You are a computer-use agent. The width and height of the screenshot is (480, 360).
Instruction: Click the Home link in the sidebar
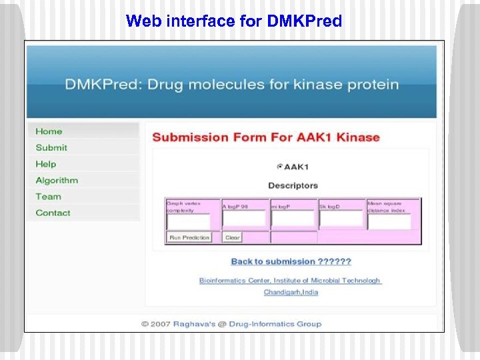click(49, 131)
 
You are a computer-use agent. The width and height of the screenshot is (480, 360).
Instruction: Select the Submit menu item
click(51, 147)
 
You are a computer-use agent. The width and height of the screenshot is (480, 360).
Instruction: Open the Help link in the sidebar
click(46, 164)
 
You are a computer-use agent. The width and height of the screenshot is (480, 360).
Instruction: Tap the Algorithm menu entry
click(57, 180)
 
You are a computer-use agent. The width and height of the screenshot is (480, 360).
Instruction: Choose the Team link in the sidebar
click(48, 197)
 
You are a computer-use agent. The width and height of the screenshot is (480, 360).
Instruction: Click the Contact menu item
click(53, 213)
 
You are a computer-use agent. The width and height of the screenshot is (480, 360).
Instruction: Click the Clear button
click(233, 237)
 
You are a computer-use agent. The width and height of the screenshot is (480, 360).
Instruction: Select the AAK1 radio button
click(279, 167)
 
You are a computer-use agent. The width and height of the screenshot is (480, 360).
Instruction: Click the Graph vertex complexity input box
click(188, 221)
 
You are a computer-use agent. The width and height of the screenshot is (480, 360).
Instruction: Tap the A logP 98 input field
click(244, 219)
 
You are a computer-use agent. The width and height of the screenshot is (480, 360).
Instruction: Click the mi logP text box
click(293, 219)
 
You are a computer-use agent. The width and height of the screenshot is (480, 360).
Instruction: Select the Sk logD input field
click(341, 219)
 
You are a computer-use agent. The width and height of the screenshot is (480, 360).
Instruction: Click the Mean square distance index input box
click(389, 221)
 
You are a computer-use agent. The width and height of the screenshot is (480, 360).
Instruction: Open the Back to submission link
click(291, 261)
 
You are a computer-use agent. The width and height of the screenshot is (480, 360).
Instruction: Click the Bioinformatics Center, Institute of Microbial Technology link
click(290, 281)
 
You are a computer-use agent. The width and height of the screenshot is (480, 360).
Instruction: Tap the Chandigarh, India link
click(291, 292)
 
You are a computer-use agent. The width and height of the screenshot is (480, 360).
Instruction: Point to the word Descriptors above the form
click(293, 185)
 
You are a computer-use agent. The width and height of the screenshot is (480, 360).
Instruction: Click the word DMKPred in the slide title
click(304, 21)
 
